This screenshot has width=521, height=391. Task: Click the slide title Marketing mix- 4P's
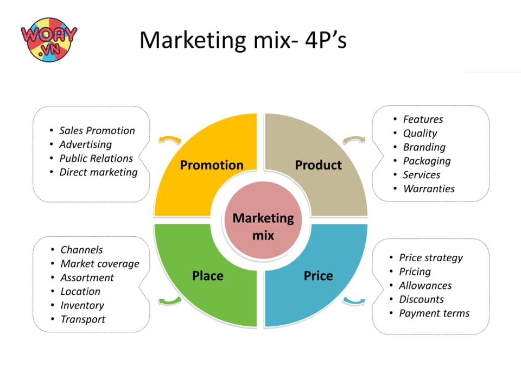coord(243,40)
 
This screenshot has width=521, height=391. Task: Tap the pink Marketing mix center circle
coord(263,226)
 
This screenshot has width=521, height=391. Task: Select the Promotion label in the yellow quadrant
coord(212,165)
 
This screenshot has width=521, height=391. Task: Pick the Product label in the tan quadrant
coord(319,165)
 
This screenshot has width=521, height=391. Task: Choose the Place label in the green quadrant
coord(207,276)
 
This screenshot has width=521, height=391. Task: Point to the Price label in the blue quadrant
coord(318,276)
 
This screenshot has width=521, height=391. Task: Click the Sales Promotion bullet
coord(97,130)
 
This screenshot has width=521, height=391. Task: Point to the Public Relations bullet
coord(96,158)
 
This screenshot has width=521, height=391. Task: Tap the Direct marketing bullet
coord(98,172)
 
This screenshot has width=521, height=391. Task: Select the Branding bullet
coord(424,147)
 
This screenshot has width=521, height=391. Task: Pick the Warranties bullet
coord(429,189)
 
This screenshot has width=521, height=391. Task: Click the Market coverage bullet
coord(100,264)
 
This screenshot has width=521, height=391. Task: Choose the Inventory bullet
coord(82,306)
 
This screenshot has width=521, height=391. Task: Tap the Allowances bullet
coord(425,286)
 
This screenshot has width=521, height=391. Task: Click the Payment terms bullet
coord(434,313)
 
